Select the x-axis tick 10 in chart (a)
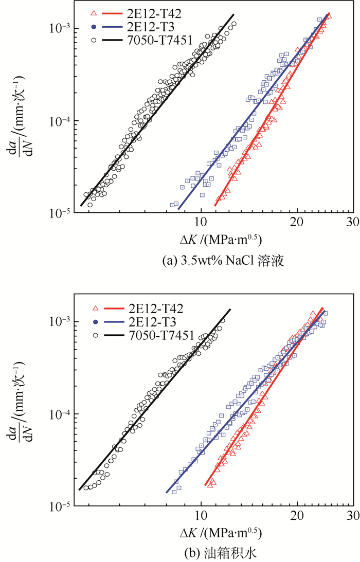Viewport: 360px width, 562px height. [201, 222]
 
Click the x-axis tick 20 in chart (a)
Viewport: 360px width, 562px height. [298, 222]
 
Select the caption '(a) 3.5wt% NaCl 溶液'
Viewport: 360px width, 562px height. [215, 261]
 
